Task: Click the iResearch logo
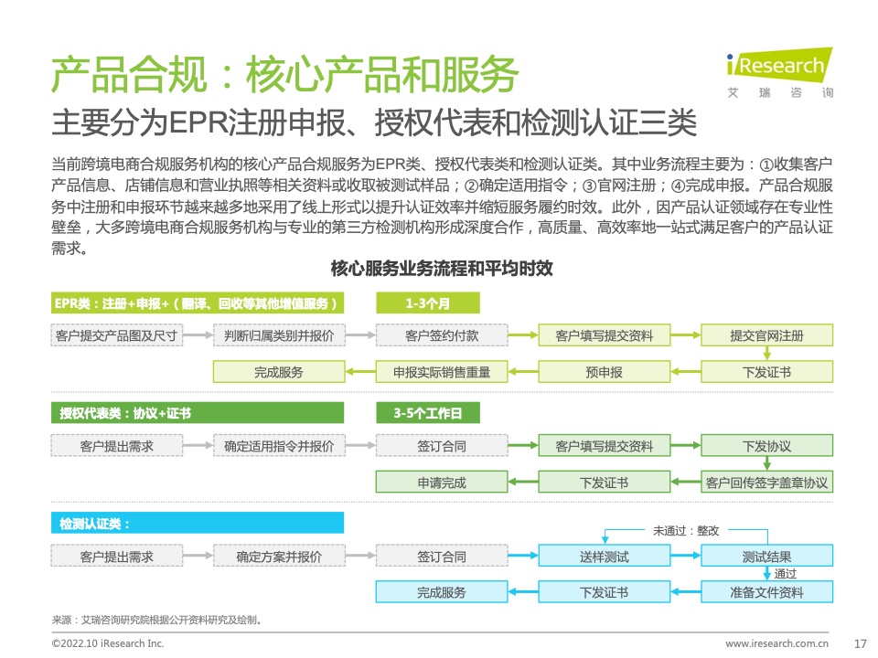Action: pos(779,73)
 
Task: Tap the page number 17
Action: pos(860,643)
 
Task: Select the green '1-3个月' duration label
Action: pos(428,303)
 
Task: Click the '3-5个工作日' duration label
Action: pos(428,413)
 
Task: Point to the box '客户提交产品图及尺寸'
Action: pos(116,335)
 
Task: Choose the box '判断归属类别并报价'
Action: pos(279,335)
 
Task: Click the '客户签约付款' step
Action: pos(442,335)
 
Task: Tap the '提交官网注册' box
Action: pos(766,335)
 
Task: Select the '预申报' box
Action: pos(605,372)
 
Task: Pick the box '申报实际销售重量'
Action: pos(442,372)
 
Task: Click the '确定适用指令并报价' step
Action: pos(279,446)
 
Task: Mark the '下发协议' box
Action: pos(766,446)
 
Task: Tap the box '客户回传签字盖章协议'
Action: pos(766,482)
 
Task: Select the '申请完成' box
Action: pos(442,482)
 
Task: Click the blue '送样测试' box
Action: pos(605,557)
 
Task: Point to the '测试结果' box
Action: pos(766,557)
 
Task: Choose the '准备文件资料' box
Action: pos(766,592)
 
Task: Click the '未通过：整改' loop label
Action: pos(686,530)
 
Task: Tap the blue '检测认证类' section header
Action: pos(198,523)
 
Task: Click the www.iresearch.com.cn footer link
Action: pos(776,643)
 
